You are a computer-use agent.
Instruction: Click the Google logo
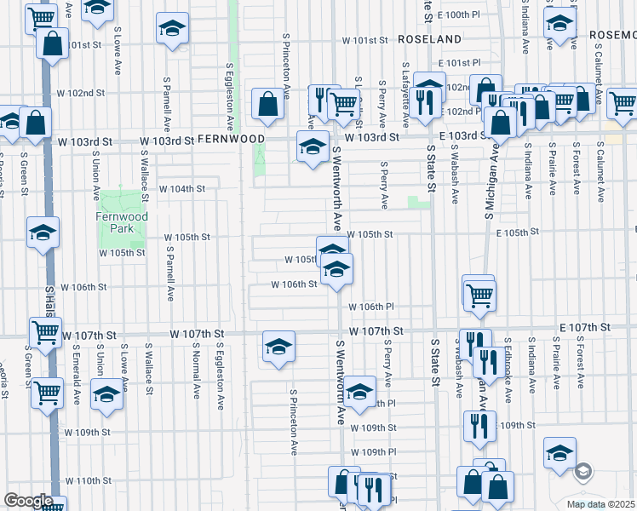28,500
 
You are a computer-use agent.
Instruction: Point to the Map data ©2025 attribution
601,504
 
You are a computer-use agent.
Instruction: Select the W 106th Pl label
370,307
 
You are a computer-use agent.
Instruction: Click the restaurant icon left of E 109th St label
477,424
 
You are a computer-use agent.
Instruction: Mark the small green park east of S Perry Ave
418,202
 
